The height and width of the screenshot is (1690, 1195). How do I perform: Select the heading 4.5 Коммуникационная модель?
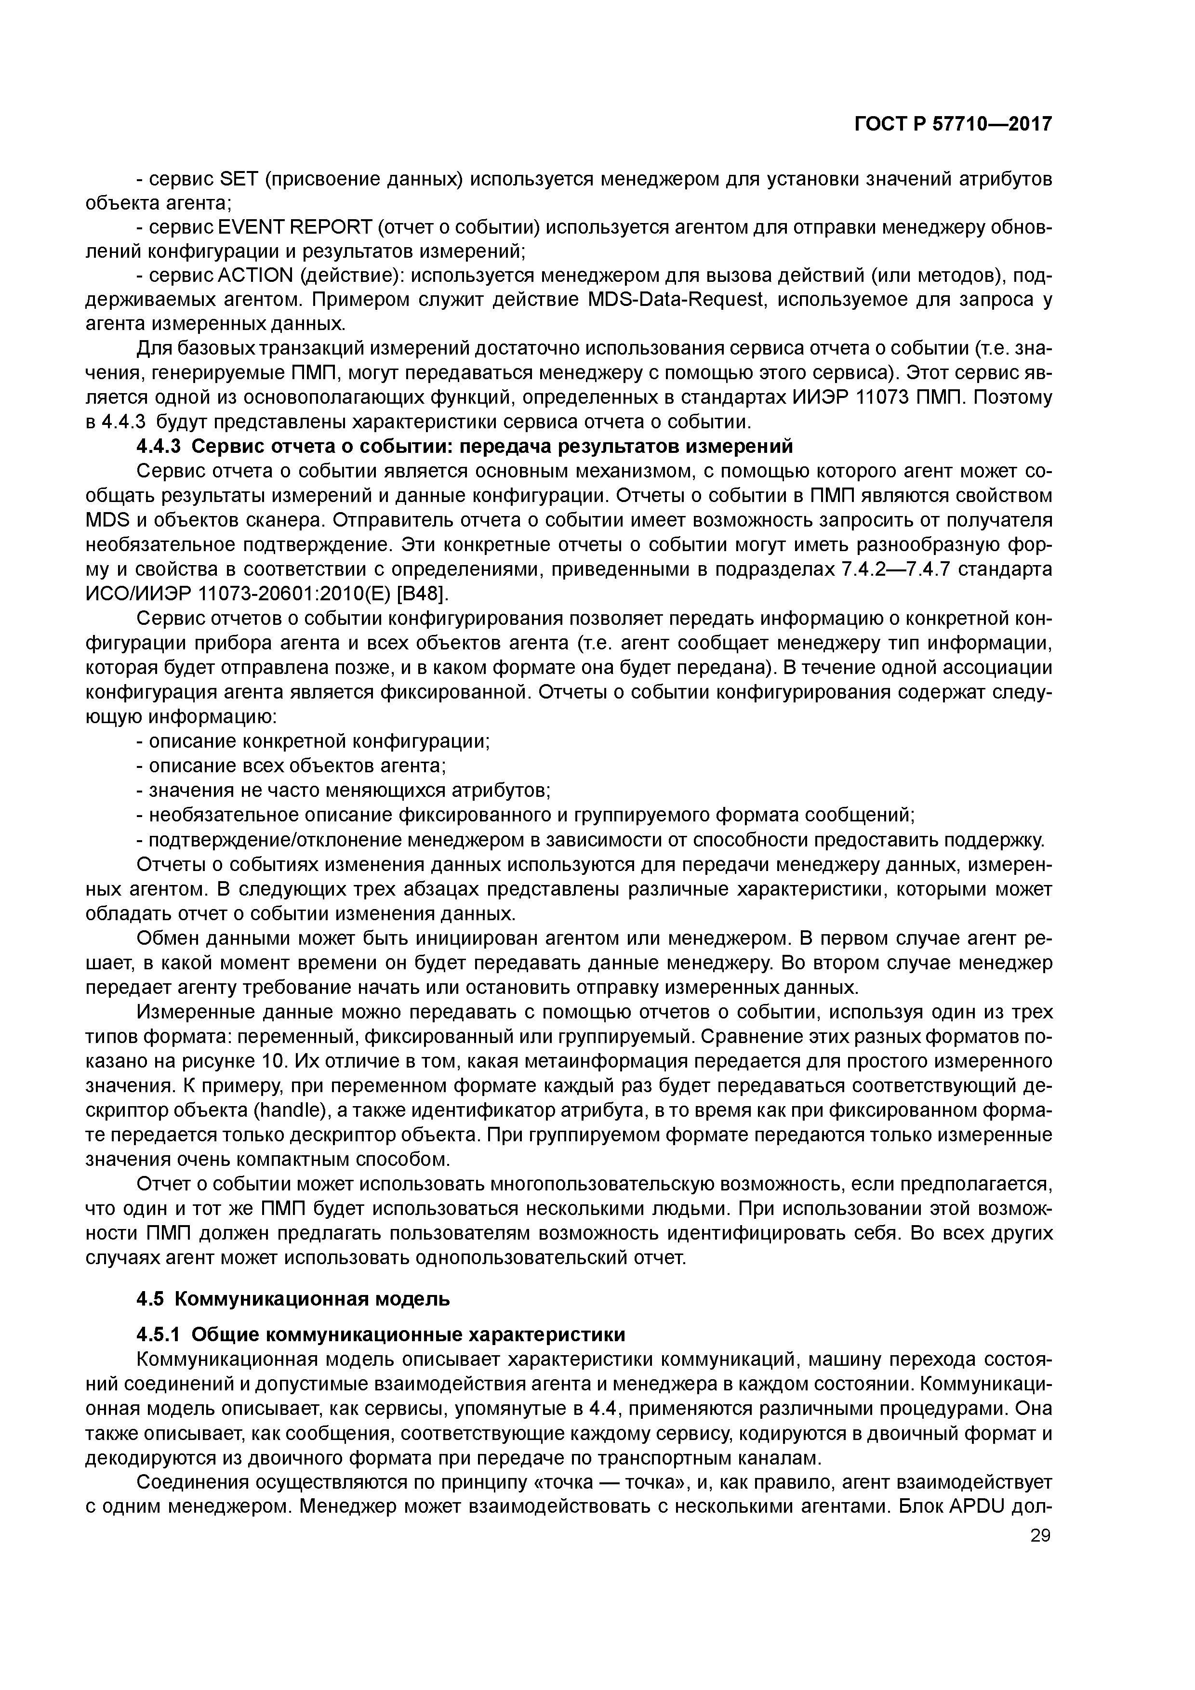293,1298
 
